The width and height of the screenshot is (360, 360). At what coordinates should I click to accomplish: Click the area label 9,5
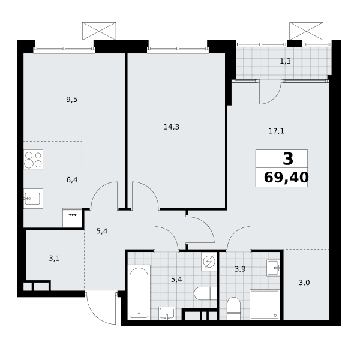pyautogui.click(x=72, y=100)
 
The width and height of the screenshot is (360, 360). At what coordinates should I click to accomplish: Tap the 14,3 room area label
pyautogui.click(x=172, y=127)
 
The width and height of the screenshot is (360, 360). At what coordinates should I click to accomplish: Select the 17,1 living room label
pyautogui.click(x=277, y=131)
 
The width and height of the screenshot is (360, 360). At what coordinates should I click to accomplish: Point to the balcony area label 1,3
pyautogui.click(x=286, y=61)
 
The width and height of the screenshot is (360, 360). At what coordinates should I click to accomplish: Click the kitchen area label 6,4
pyautogui.click(x=72, y=180)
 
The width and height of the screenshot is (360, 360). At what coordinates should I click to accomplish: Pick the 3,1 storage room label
pyautogui.click(x=54, y=259)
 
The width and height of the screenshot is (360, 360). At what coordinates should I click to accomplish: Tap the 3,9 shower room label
pyautogui.click(x=240, y=269)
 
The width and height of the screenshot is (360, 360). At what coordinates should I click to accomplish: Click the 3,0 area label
pyautogui.click(x=304, y=283)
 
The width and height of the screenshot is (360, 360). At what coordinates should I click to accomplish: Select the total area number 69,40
pyautogui.click(x=286, y=178)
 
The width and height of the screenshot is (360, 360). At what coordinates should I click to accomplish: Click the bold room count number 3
pyautogui.click(x=288, y=159)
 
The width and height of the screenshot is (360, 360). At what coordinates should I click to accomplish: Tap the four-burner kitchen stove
pyautogui.click(x=33, y=160)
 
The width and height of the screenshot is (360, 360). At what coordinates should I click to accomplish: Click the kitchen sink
pyautogui.click(x=33, y=199)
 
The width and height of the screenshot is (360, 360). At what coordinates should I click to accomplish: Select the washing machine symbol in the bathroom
pyautogui.click(x=209, y=262)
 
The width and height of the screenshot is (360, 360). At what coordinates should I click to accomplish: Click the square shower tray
pyautogui.click(x=265, y=305)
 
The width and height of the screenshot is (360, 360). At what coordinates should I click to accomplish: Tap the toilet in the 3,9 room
pyautogui.click(x=233, y=308)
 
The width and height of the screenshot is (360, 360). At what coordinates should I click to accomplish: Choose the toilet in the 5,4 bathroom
pyautogui.click(x=205, y=293)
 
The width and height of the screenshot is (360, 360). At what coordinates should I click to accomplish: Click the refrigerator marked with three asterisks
pyautogui.click(x=73, y=218)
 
